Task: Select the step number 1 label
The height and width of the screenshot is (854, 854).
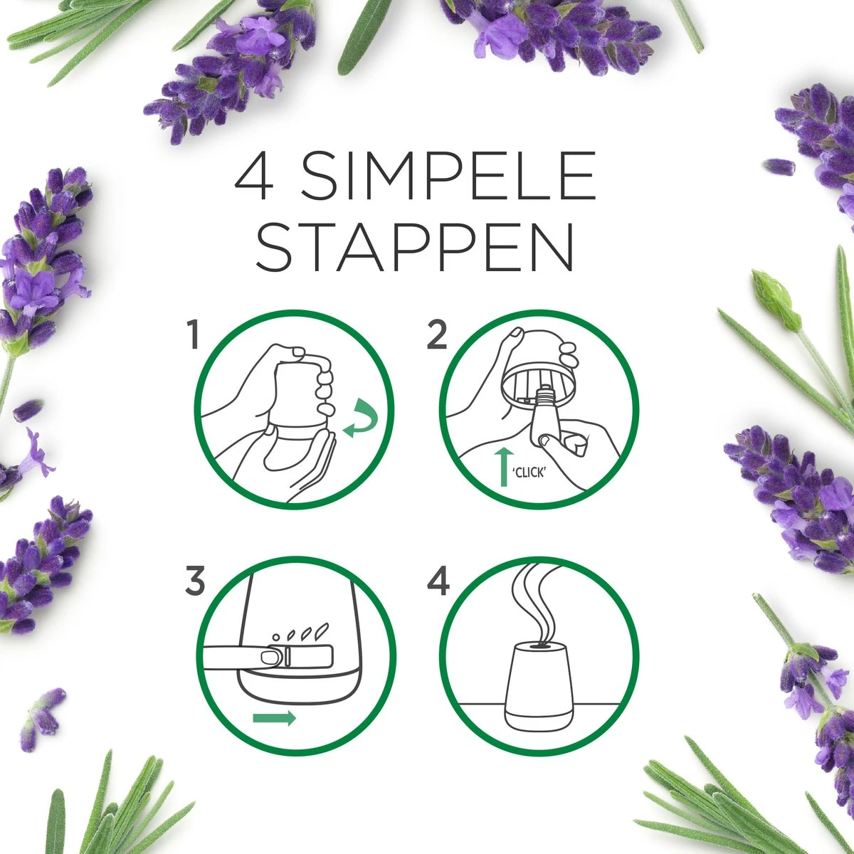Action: pos(191,335)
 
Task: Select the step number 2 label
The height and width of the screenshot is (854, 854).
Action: pos(437,335)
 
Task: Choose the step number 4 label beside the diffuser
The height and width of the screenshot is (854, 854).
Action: pos(438,581)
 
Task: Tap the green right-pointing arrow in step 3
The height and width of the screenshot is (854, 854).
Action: pos(275,718)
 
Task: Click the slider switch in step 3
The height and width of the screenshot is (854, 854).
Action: pos(274,657)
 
